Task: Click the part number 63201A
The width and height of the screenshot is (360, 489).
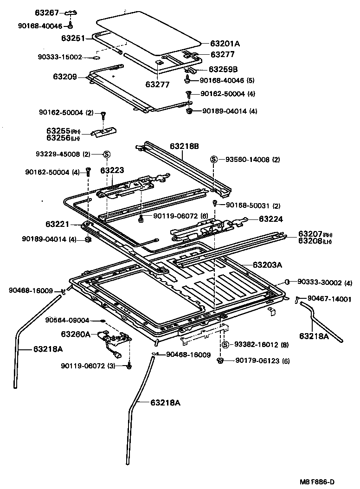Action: [x=225, y=44]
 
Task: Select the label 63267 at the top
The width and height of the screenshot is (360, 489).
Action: [x=48, y=12]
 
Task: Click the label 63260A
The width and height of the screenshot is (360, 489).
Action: [x=76, y=334]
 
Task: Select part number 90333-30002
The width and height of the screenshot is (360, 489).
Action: [x=321, y=282]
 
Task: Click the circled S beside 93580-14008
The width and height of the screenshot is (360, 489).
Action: [x=214, y=159]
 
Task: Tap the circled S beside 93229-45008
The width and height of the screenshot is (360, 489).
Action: [x=106, y=154]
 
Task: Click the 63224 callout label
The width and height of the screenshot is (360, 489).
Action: [x=270, y=219]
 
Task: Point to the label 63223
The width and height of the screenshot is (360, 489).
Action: [x=112, y=170]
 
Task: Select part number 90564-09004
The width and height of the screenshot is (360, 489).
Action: [x=67, y=320]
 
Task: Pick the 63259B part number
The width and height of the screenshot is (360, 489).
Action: [x=223, y=70]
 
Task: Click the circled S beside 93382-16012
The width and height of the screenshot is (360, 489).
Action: [x=225, y=344]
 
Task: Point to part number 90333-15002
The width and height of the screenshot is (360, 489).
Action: [x=60, y=57]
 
